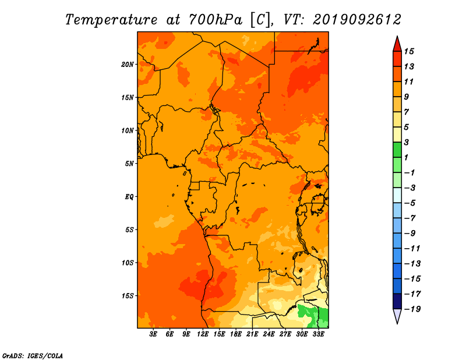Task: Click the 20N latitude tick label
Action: pyautogui.click(x=128, y=65)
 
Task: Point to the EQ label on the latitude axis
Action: pyautogui.click(x=129, y=197)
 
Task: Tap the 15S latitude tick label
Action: pyautogui.click(x=128, y=296)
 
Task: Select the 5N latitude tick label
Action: pyautogui.click(x=129, y=164)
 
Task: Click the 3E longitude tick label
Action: pyautogui.click(x=153, y=334)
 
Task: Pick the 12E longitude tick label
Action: pyautogui.click(x=203, y=334)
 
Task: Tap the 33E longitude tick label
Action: pyautogui.click(x=319, y=334)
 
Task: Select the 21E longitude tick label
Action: pyautogui.click(x=252, y=334)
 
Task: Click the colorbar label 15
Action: pyautogui.click(x=409, y=51)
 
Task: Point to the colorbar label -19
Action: pyautogui.click(x=412, y=309)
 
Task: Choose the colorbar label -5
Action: pyautogui.click(x=410, y=203)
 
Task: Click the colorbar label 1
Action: pyautogui.click(x=406, y=157)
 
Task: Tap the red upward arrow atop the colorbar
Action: pyautogui.click(x=397, y=45)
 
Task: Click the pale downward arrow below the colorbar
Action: pyautogui.click(x=397, y=316)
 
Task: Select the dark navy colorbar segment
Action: pyautogui.click(x=397, y=301)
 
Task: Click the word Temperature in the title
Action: pyautogui.click(x=111, y=20)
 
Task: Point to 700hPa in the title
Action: pyautogui.click(x=216, y=20)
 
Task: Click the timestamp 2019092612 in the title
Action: pyautogui.click(x=357, y=20)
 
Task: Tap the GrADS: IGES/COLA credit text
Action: pyautogui.click(x=33, y=356)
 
